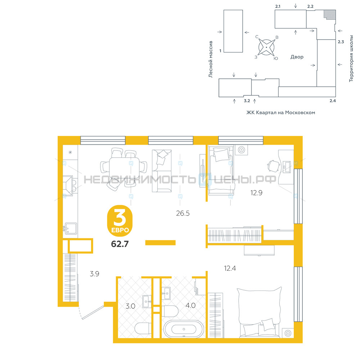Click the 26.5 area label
pyautogui.click(x=183, y=213)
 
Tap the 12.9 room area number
pyautogui.click(x=256, y=193)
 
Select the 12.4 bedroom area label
pyautogui.click(x=230, y=268)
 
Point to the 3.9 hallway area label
pyautogui.click(x=94, y=274)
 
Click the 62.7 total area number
pyautogui.click(x=120, y=244)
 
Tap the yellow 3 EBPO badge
pyautogui.click(x=120, y=221)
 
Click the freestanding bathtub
pyautogui.click(x=184, y=329)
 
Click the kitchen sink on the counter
pyautogui.click(x=70, y=229)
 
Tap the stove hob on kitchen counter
pyautogui.click(x=68, y=185)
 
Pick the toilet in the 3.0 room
pyautogui.click(x=143, y=329)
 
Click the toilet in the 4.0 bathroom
pyautogui.click(x=170, y=311)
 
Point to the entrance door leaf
pyautogui.click(x=93, y=312)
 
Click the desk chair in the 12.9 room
pyautogui.click(x=274, y=166)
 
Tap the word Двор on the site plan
pyautogui.click(x=297, y=57)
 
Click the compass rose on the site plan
pyautogui.click(x=266, y=47)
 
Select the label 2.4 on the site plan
pyautogui.click(x=332, y=100)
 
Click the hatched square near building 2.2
pyautogui.click(x=330, y=14)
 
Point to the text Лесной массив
pyautogui.click(x=211, y=59)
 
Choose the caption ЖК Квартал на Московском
pyautogui.click(x=280, y=112)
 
